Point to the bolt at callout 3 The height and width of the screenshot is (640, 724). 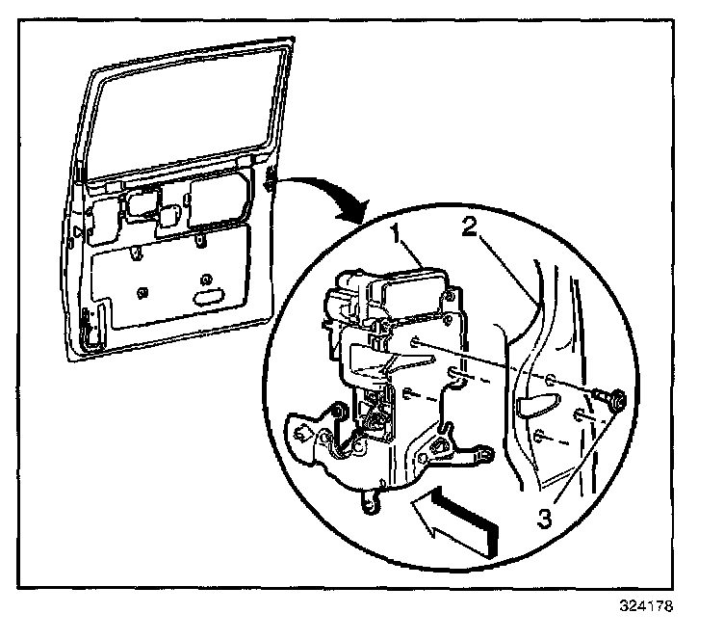coord(611,396)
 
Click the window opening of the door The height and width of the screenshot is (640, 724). coord(183,106)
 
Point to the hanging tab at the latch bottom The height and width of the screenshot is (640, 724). coord(372,503)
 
